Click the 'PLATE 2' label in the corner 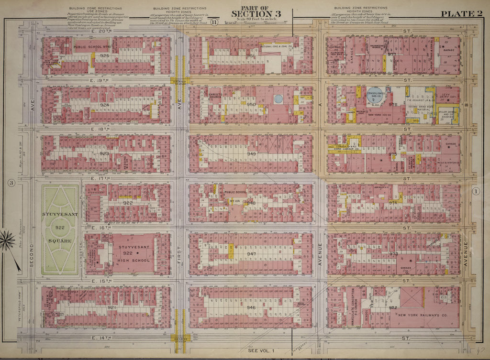pos(462,14)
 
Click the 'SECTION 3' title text pos(256,14)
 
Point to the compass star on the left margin pos(8,240)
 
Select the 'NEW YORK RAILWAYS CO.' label pos(421,316)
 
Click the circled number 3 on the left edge pos(11,182)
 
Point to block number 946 pos(251,307)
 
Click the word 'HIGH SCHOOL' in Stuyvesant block pos(134,261)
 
